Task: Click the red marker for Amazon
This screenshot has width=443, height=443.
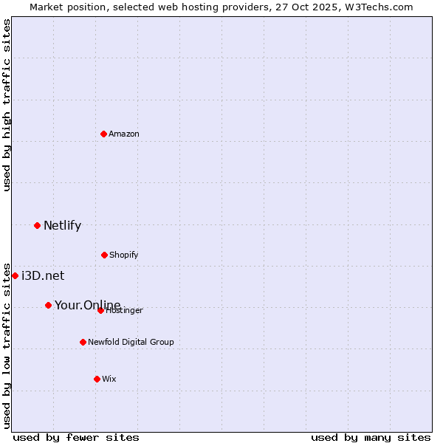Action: tap(103, 134)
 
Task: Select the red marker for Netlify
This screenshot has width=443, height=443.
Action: tap(37, 225)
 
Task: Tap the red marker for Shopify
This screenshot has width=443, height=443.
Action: tap(104, 255)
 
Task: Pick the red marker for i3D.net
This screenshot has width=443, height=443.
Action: tap(15, 275)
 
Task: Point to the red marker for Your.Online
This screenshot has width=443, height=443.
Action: tap(48, 305)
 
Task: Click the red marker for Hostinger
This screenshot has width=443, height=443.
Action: tap(100, 310)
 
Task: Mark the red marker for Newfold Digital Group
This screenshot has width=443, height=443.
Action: tap(83, 342)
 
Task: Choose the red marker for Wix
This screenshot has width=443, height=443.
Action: tap(97, 379)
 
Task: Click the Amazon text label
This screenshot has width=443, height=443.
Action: tap(124, 134)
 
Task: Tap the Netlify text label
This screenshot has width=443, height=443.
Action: tap(62, 226)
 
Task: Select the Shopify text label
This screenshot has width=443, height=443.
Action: tap(124, 255)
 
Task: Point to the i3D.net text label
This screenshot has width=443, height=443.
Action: tap(43, 276)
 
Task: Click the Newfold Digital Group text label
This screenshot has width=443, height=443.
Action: tap(131, 342)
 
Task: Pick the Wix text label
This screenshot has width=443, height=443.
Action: tap(109, 379)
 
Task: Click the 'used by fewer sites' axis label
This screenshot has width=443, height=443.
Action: tap(76, 437)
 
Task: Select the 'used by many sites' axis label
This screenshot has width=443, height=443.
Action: tap(371, 437)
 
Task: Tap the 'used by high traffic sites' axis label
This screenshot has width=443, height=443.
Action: tap(7, 105)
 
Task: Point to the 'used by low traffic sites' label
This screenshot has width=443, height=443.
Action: tap(7, 346)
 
